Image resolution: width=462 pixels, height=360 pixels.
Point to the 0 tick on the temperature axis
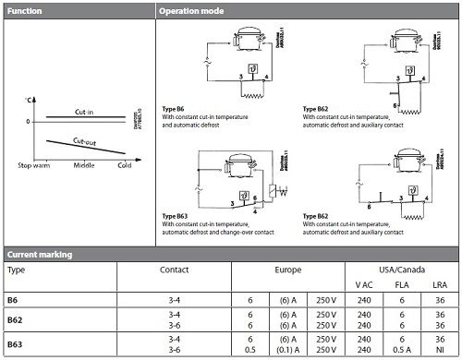[28, 120]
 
